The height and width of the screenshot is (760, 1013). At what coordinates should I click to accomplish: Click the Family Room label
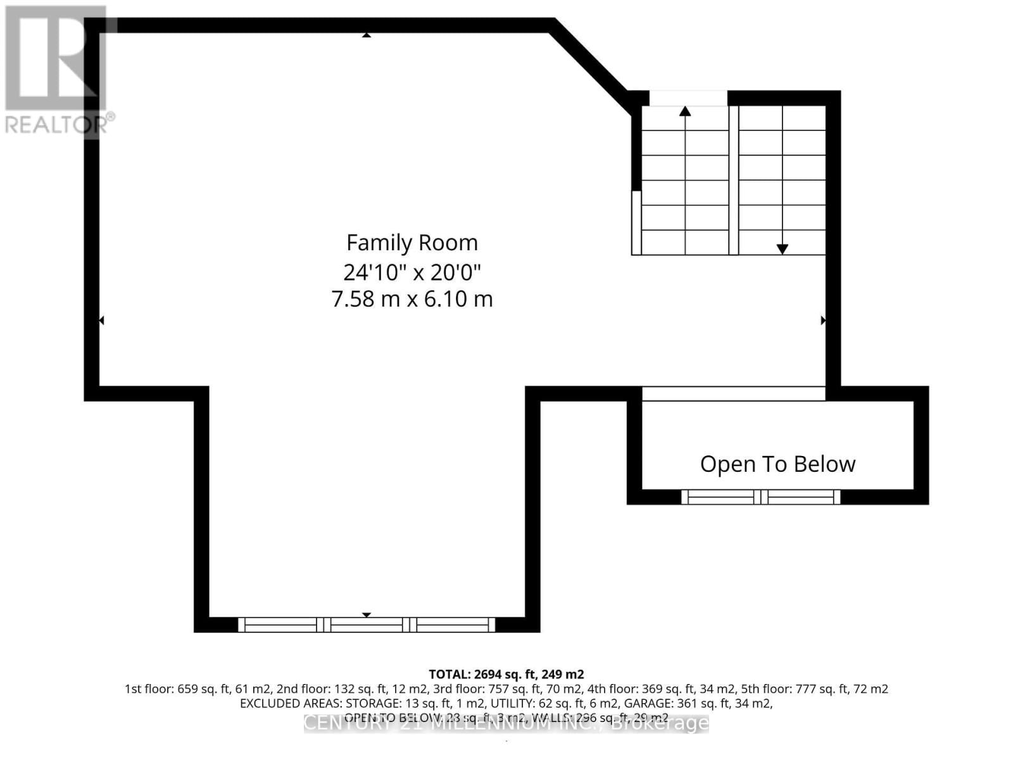412,243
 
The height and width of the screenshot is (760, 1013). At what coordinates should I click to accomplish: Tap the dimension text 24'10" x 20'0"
412,272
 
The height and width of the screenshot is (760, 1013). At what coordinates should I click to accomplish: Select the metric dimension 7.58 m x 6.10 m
412,298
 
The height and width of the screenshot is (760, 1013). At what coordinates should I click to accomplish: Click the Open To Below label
777,464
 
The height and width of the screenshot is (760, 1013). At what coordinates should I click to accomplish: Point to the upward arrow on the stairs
685,111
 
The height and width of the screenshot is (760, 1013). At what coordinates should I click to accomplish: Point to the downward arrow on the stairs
783,249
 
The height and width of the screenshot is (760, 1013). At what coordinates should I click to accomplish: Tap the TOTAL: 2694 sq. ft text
506,674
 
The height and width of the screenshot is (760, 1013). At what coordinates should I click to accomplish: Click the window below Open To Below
760,497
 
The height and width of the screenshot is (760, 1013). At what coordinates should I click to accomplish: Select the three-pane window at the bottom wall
367,625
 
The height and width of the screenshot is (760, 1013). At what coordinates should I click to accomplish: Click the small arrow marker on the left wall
101,321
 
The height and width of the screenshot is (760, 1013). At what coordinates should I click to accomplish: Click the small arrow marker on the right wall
823,320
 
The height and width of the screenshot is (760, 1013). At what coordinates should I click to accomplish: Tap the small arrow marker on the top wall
366,35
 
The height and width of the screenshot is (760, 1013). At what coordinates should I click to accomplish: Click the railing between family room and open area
733,393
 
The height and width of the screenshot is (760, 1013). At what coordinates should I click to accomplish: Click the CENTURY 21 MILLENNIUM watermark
506,723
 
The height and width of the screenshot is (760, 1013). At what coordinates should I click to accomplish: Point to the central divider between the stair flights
733,180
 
